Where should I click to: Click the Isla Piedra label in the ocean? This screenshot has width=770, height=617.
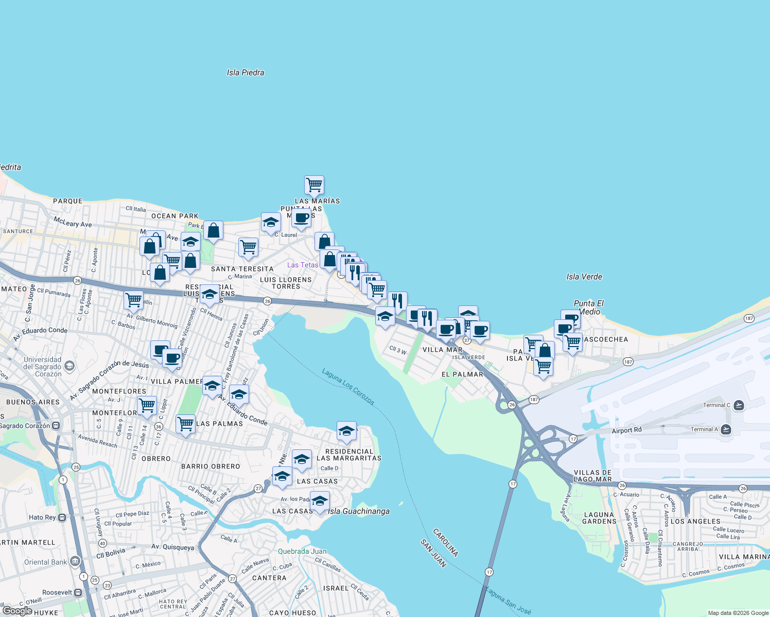(246, 73)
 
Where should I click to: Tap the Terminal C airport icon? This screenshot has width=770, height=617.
(739, 405)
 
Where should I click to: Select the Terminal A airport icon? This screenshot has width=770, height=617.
(726, 429)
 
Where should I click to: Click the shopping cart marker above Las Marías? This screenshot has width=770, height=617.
(314, 184)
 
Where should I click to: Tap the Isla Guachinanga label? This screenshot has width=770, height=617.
(359, 511)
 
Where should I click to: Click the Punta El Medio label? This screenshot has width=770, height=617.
(589, 307)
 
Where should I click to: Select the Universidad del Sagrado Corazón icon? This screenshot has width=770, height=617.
(69, 366)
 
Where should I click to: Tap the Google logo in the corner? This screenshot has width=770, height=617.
(17, 611)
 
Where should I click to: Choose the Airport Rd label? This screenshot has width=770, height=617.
(626, 430)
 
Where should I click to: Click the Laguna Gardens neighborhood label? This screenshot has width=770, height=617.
(599, 518)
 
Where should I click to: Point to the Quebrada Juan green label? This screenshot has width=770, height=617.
(302, 551)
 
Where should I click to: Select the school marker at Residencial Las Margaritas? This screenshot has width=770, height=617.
(346, 431)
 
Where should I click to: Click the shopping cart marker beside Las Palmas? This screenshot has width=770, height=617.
(185, 424)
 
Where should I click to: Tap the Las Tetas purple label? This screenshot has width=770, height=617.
(303, 265)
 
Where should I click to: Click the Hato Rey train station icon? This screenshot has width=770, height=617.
(62, 517)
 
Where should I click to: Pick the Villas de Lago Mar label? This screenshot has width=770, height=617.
(592, 476)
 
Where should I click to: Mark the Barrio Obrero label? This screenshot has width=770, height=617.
(211, 466)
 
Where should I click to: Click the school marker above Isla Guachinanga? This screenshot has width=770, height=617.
(320, 501)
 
